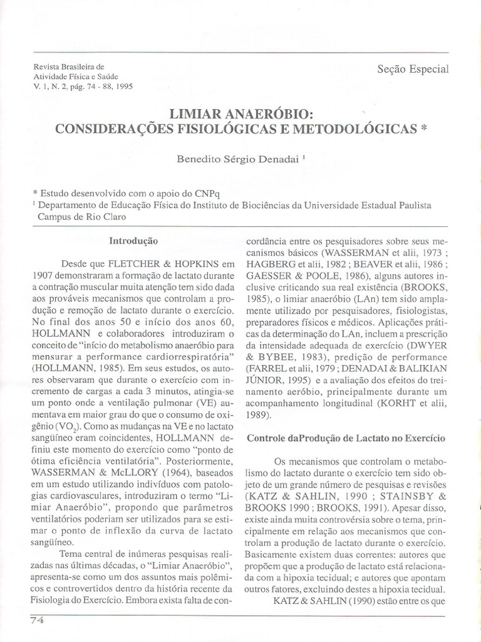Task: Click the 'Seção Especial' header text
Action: [x=413, y=69]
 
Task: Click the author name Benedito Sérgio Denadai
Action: [x=239, y=160]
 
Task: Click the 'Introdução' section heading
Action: [x=133, y=241]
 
